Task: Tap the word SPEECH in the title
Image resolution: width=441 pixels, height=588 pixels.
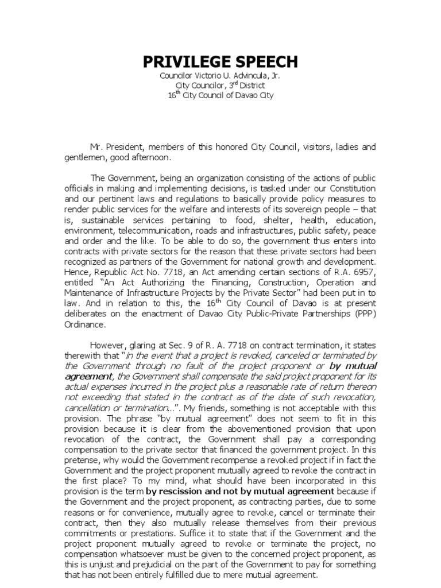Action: [268, 62]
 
